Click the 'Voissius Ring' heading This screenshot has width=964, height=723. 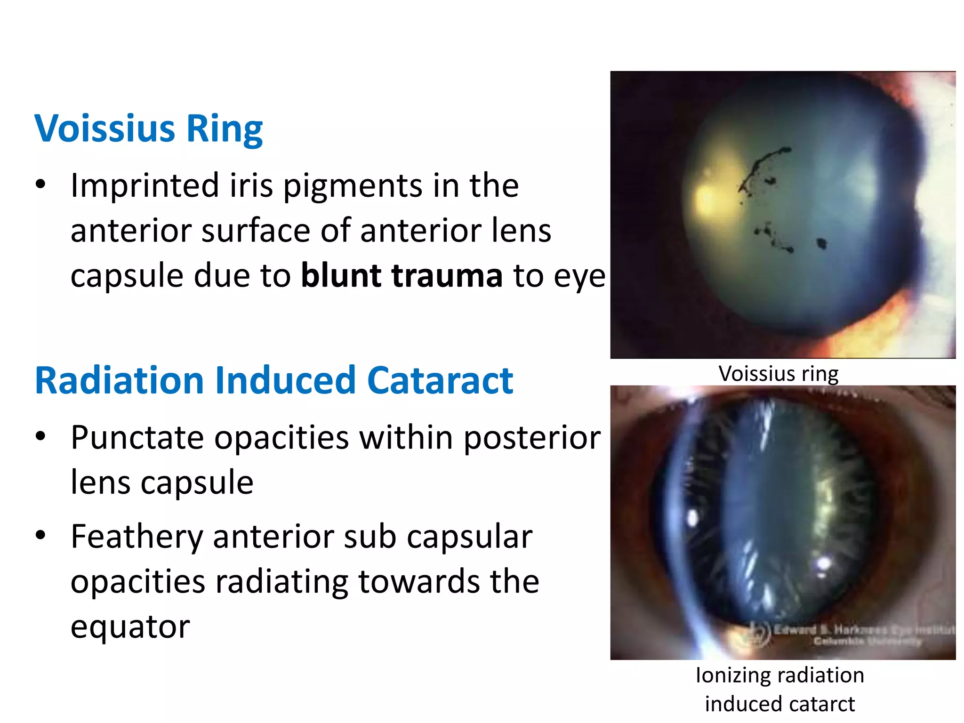coord(148,128)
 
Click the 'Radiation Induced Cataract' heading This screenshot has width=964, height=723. coord(273,380)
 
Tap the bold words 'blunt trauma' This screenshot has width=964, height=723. coord(402,275)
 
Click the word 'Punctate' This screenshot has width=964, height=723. coord(137,438)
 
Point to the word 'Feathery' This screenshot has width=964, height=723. coord(137,537)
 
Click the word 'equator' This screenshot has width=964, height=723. coord(130,627)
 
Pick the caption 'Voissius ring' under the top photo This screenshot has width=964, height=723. coord(778,374)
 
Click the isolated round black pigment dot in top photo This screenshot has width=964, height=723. coord(821,243)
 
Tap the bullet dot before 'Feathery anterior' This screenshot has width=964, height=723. coord(40,536)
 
